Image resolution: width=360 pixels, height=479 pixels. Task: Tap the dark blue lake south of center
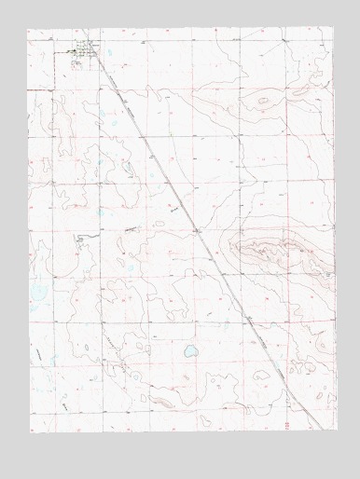[x=190, y=352]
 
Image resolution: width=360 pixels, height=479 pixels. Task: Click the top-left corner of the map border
[x=28, y=29]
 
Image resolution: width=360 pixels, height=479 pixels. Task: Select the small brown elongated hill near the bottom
[x=160, y=403]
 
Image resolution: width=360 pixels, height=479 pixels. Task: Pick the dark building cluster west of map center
[x=81, y=239]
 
